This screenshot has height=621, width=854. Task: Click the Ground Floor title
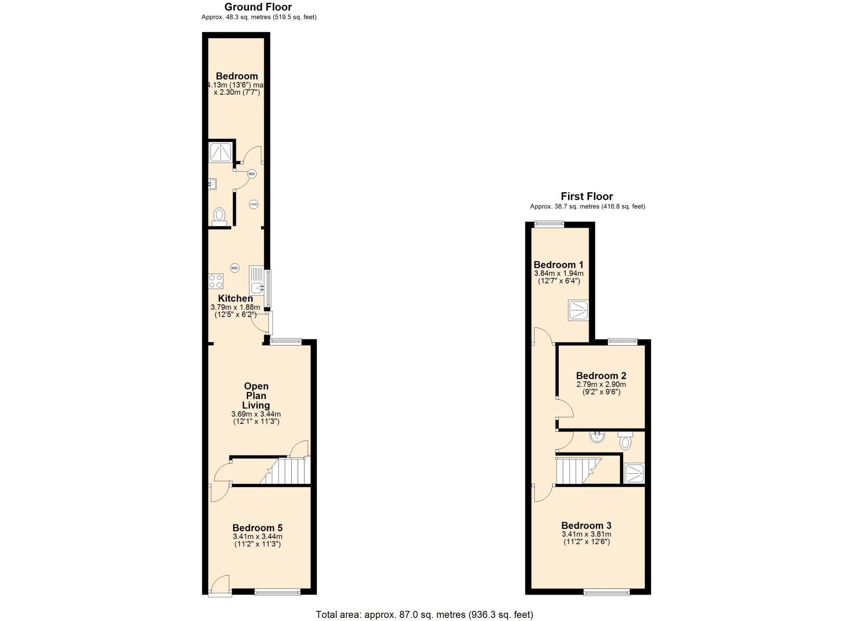click(258, 7)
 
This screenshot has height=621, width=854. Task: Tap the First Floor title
click(587, 196)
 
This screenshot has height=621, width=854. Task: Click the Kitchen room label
click(235, 298)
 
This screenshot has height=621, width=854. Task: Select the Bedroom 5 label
click(258, 528)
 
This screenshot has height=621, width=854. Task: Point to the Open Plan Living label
click(256, 395)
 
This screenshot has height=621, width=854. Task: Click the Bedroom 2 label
click(601, 376)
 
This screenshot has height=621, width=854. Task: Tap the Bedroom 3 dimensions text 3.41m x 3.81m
click(586, 534)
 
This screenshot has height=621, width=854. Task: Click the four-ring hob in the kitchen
click(216, 281)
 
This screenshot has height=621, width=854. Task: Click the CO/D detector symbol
click(254, 205)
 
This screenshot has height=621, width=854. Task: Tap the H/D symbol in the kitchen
click(234, 268)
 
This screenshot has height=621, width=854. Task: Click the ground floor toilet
click(219, 216)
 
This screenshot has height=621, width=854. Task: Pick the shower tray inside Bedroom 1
click(578, 310)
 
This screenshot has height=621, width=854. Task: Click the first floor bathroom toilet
click(625, 440)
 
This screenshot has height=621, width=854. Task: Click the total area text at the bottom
click(424, 615)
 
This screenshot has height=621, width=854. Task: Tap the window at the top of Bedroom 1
click(549, 224)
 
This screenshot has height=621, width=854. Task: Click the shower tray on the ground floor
click(220, 152)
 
